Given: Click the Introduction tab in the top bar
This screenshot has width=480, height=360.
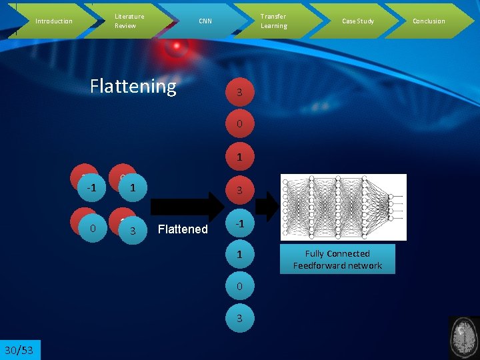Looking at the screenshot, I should (53, 21).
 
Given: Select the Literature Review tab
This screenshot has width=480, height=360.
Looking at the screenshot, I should (129, 21).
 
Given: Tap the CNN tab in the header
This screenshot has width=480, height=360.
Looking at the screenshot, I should (205, 21).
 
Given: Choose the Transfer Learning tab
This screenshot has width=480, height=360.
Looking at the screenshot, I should (273, 21).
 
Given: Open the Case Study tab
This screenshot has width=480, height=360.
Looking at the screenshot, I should (358, 21).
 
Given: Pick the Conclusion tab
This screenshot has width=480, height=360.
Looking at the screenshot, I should (429, 21).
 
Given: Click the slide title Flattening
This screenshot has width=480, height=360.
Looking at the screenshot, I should (133, 86).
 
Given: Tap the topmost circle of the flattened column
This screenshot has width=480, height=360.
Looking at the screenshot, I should (239, 93).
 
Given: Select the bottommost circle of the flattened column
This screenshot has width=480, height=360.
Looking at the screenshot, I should (239, 319).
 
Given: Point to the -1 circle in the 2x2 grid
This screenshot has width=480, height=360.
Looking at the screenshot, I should (92, 188).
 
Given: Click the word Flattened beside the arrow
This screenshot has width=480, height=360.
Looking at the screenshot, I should (183, 229).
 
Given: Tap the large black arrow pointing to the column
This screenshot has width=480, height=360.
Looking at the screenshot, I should (193, 207).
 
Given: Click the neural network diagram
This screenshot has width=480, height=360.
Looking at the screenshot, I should (343, 207).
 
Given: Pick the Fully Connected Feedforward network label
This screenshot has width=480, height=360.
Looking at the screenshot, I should (337, 259).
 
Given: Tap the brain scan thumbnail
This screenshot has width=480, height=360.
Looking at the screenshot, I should (465, 337).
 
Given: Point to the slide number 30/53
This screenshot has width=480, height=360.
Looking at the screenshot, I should (20, 350).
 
